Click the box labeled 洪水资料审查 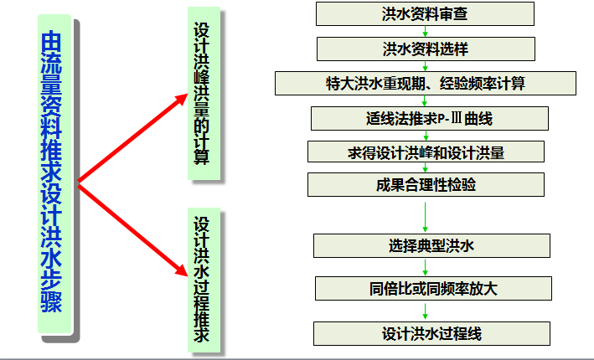tap(425, 14)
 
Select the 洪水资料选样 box tap(425, 48)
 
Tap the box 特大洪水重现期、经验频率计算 tap(426, 83)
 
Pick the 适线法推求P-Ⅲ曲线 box tap(428, 118)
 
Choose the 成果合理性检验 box tap(426, 185)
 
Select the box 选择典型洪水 tap(431, 246)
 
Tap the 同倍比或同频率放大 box tap(433, 289)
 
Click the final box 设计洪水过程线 tap(431, 332)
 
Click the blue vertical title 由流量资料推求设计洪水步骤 tap(51, 176)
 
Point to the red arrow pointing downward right tap(134, 226)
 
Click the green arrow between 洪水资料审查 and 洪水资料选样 tap(425, 31)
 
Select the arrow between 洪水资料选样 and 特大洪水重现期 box tap(425, 65)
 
